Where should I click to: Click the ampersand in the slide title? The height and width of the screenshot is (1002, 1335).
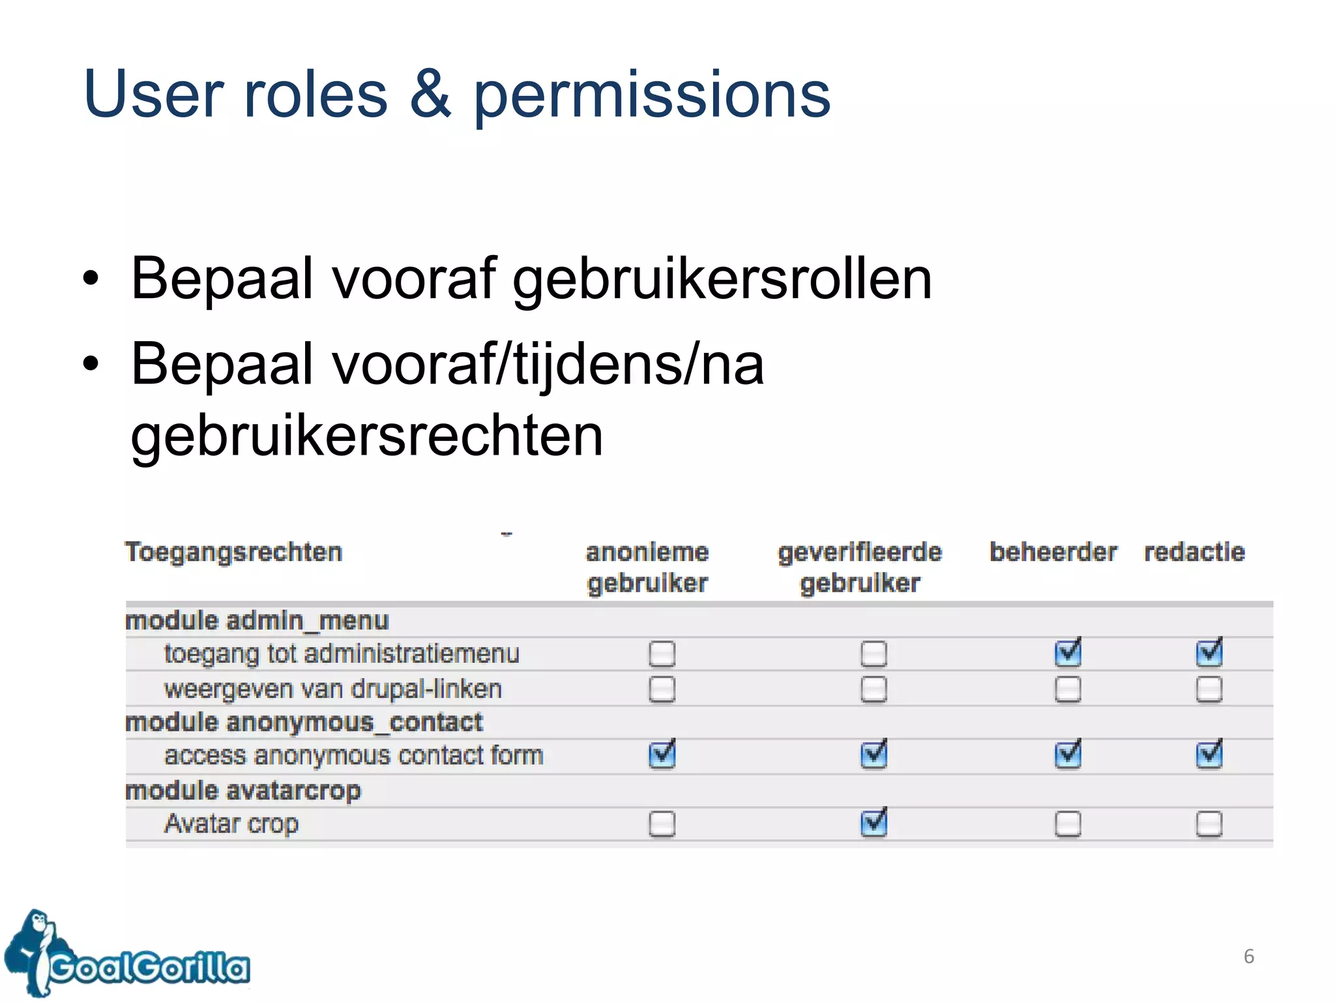[430, 95]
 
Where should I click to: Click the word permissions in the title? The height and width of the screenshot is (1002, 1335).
[651, 95]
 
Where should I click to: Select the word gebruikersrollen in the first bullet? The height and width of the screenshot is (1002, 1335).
[722, 279]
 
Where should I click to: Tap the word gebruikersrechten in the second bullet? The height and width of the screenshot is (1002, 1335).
[367, 435]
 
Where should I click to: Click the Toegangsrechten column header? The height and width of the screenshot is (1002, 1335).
[233, 552]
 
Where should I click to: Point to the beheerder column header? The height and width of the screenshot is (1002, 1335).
[1053, 552]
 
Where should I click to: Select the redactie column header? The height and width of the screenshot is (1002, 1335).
[1194, 552]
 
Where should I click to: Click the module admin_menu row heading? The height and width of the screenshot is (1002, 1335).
[257, 620]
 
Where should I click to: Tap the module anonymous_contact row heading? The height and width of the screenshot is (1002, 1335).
[304, 722]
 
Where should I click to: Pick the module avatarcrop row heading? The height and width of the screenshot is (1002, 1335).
[242, 791]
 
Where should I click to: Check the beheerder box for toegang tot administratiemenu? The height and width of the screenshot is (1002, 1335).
[1068, 653]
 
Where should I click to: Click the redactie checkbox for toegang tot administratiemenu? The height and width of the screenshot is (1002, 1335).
[1209, 653]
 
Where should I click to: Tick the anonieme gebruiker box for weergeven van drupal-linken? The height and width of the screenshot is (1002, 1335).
[662, 689]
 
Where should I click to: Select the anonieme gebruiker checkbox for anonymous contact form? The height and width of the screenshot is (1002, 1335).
[662, 755]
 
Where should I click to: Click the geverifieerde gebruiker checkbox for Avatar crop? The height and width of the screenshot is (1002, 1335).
[873, 823]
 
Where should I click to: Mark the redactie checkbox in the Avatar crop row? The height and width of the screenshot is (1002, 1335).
[1209, 823]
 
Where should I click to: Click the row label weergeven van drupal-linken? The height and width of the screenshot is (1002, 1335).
[332, 689]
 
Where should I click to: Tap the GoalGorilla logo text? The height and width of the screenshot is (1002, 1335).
[150, 967]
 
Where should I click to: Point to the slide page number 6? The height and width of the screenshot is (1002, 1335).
[1249, 956]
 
